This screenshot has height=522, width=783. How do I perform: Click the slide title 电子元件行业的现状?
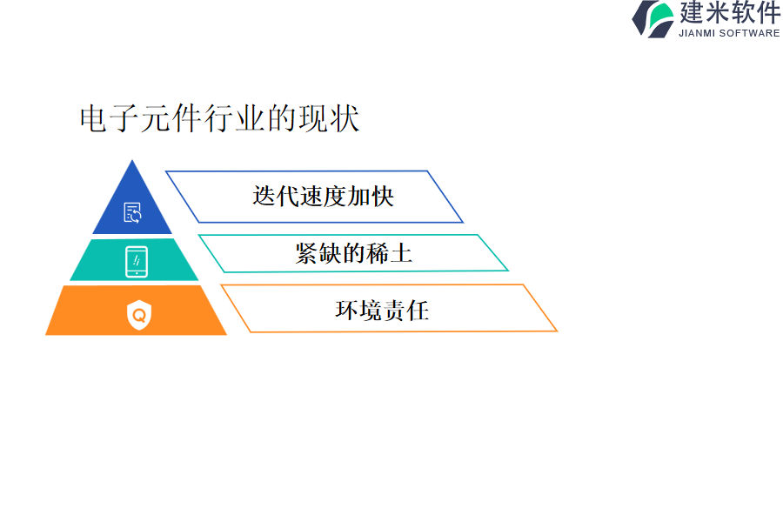[x=220, y=118]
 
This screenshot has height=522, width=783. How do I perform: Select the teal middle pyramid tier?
[x=134, y=260]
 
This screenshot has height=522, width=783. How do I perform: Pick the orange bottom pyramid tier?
[x=136, y=311]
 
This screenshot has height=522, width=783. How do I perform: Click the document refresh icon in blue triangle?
[x=132, y=212]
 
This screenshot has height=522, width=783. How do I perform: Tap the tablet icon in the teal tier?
[x=137, y=261]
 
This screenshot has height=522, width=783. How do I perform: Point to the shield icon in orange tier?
[x=139, y=315]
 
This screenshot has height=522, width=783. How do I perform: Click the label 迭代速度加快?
[x=323, y=196]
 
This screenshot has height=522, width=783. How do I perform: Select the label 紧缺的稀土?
[x=353, y=253]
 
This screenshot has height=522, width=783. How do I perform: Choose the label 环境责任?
[x=382, y=310]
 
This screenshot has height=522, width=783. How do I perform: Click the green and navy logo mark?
[x=653, y=19]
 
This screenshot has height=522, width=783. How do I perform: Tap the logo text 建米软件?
[x=730, y=12]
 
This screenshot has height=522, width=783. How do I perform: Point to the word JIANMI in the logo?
[x=697, y=33]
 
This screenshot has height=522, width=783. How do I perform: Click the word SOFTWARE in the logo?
[x=750, y=33]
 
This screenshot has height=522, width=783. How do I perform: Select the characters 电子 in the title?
[x=109, y=118]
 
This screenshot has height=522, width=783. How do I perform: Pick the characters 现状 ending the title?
[x=329, y=118]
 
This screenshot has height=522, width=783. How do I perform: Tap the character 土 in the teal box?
[x=401, y=253]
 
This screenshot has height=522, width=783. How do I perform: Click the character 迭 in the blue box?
[x=264, y=196]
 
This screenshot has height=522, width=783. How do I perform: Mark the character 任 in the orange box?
[x=418, y=310]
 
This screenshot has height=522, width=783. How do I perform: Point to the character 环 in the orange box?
[x=346, y=310]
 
